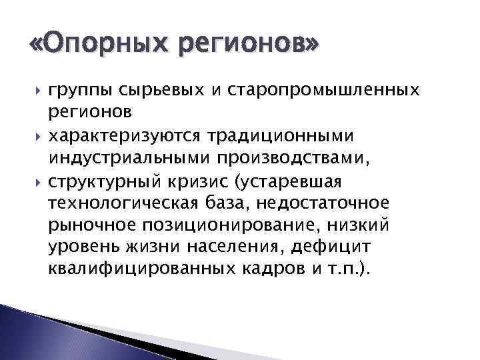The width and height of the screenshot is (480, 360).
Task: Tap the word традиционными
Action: [x=297, y=135]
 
